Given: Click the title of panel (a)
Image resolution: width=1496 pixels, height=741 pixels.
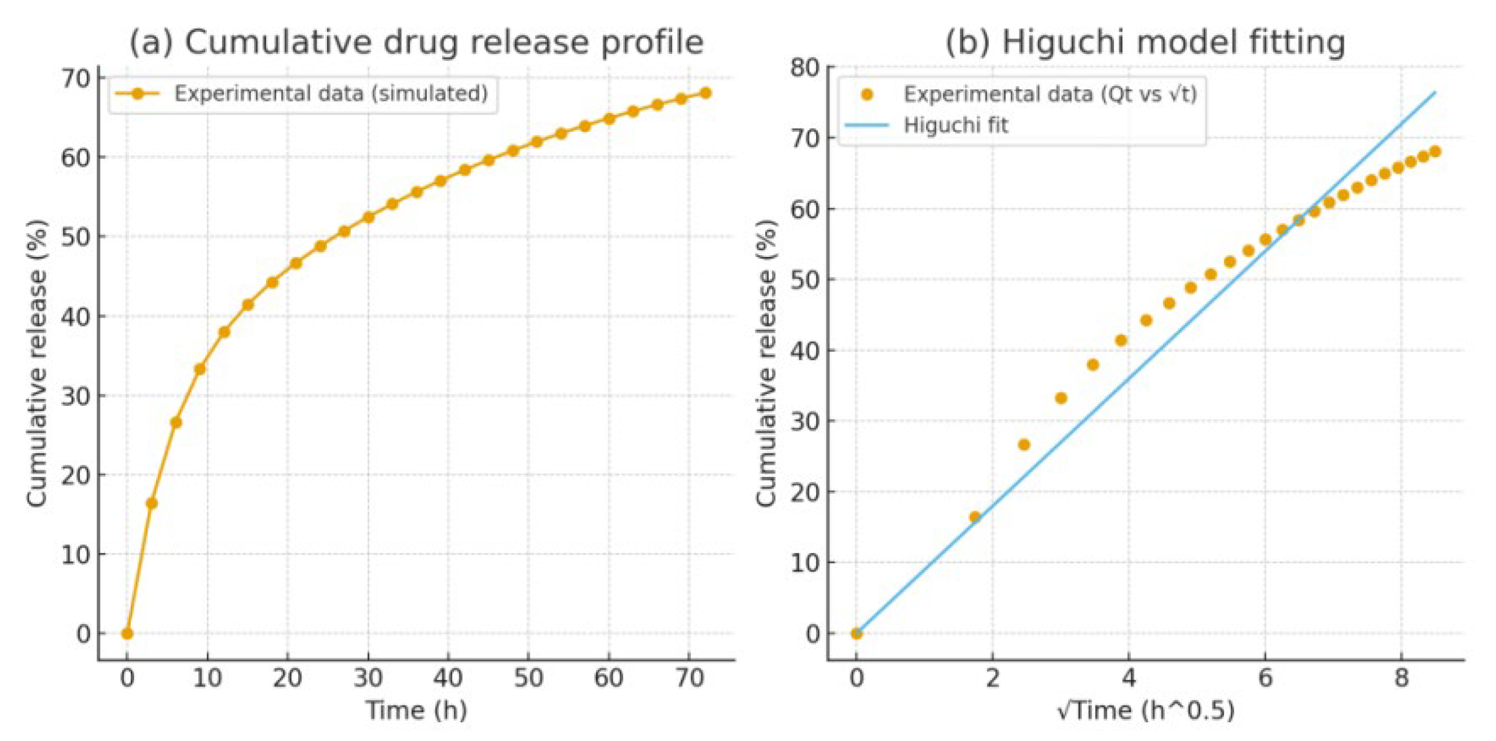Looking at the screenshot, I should (x=416, y=42).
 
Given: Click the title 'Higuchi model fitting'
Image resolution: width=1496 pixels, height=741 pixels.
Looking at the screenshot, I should (x=1145, y=42).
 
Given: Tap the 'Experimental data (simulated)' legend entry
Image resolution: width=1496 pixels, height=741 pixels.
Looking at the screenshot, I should (x=330, y=94).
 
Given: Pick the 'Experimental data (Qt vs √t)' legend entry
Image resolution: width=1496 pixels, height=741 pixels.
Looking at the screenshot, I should (x=1049, y=94).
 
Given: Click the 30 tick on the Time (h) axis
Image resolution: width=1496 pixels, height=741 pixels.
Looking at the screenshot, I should (x=368, y=677).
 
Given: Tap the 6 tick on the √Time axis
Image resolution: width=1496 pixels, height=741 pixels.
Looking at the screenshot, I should (x=1265, y=677).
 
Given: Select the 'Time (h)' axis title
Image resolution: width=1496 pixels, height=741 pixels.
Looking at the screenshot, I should (x=416, y=710).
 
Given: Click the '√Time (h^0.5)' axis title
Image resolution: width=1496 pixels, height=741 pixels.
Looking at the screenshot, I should (x=1145, y=710).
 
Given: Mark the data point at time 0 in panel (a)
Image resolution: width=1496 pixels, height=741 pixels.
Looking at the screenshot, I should (x=127, y=633).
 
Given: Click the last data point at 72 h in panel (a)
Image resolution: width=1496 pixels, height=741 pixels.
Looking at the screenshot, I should (x=706, y=93).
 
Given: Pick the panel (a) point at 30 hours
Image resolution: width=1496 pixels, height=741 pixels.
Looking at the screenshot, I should (x=368, y=218).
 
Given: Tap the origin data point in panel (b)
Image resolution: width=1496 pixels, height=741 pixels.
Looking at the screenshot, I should (x=856, y=633).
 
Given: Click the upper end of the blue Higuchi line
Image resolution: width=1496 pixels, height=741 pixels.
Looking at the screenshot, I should (x=1435, y=92).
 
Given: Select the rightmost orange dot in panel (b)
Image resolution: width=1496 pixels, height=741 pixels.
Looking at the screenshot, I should (x=1435, y=152).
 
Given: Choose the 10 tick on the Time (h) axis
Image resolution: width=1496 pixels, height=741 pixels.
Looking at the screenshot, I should (x=207, y=677).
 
